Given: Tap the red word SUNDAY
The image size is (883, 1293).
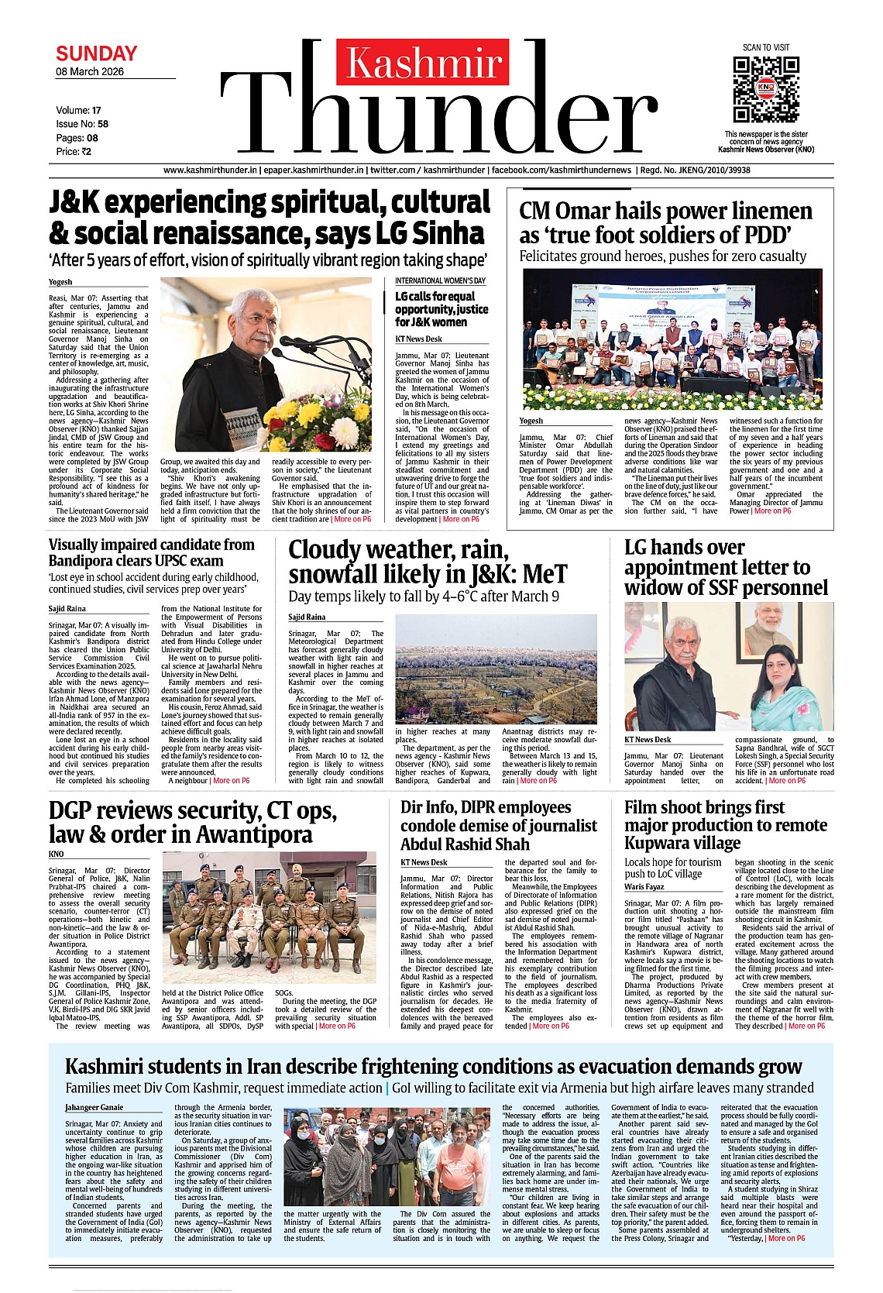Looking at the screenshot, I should (x=96, y=53).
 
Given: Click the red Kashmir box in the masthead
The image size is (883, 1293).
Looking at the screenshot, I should (x=423, y=63).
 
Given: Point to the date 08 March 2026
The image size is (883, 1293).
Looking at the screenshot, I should (x=90, y=72).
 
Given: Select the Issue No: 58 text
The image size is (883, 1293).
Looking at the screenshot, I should (x=82, y=124).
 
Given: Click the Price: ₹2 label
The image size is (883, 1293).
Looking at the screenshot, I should (x=74, y=152).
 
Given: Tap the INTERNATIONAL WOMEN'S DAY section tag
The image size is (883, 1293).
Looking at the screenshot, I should (x=440, y=280).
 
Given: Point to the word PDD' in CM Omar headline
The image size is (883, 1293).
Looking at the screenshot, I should (x=761, y=236).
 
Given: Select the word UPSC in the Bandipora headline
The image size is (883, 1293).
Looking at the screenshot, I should (x=179, y=561).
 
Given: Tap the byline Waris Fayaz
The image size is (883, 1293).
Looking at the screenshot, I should (x=644, y=886).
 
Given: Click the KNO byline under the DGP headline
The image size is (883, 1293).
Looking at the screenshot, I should (x=57, y=854).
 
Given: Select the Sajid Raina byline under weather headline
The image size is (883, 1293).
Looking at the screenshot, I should (x=307, y=617).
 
